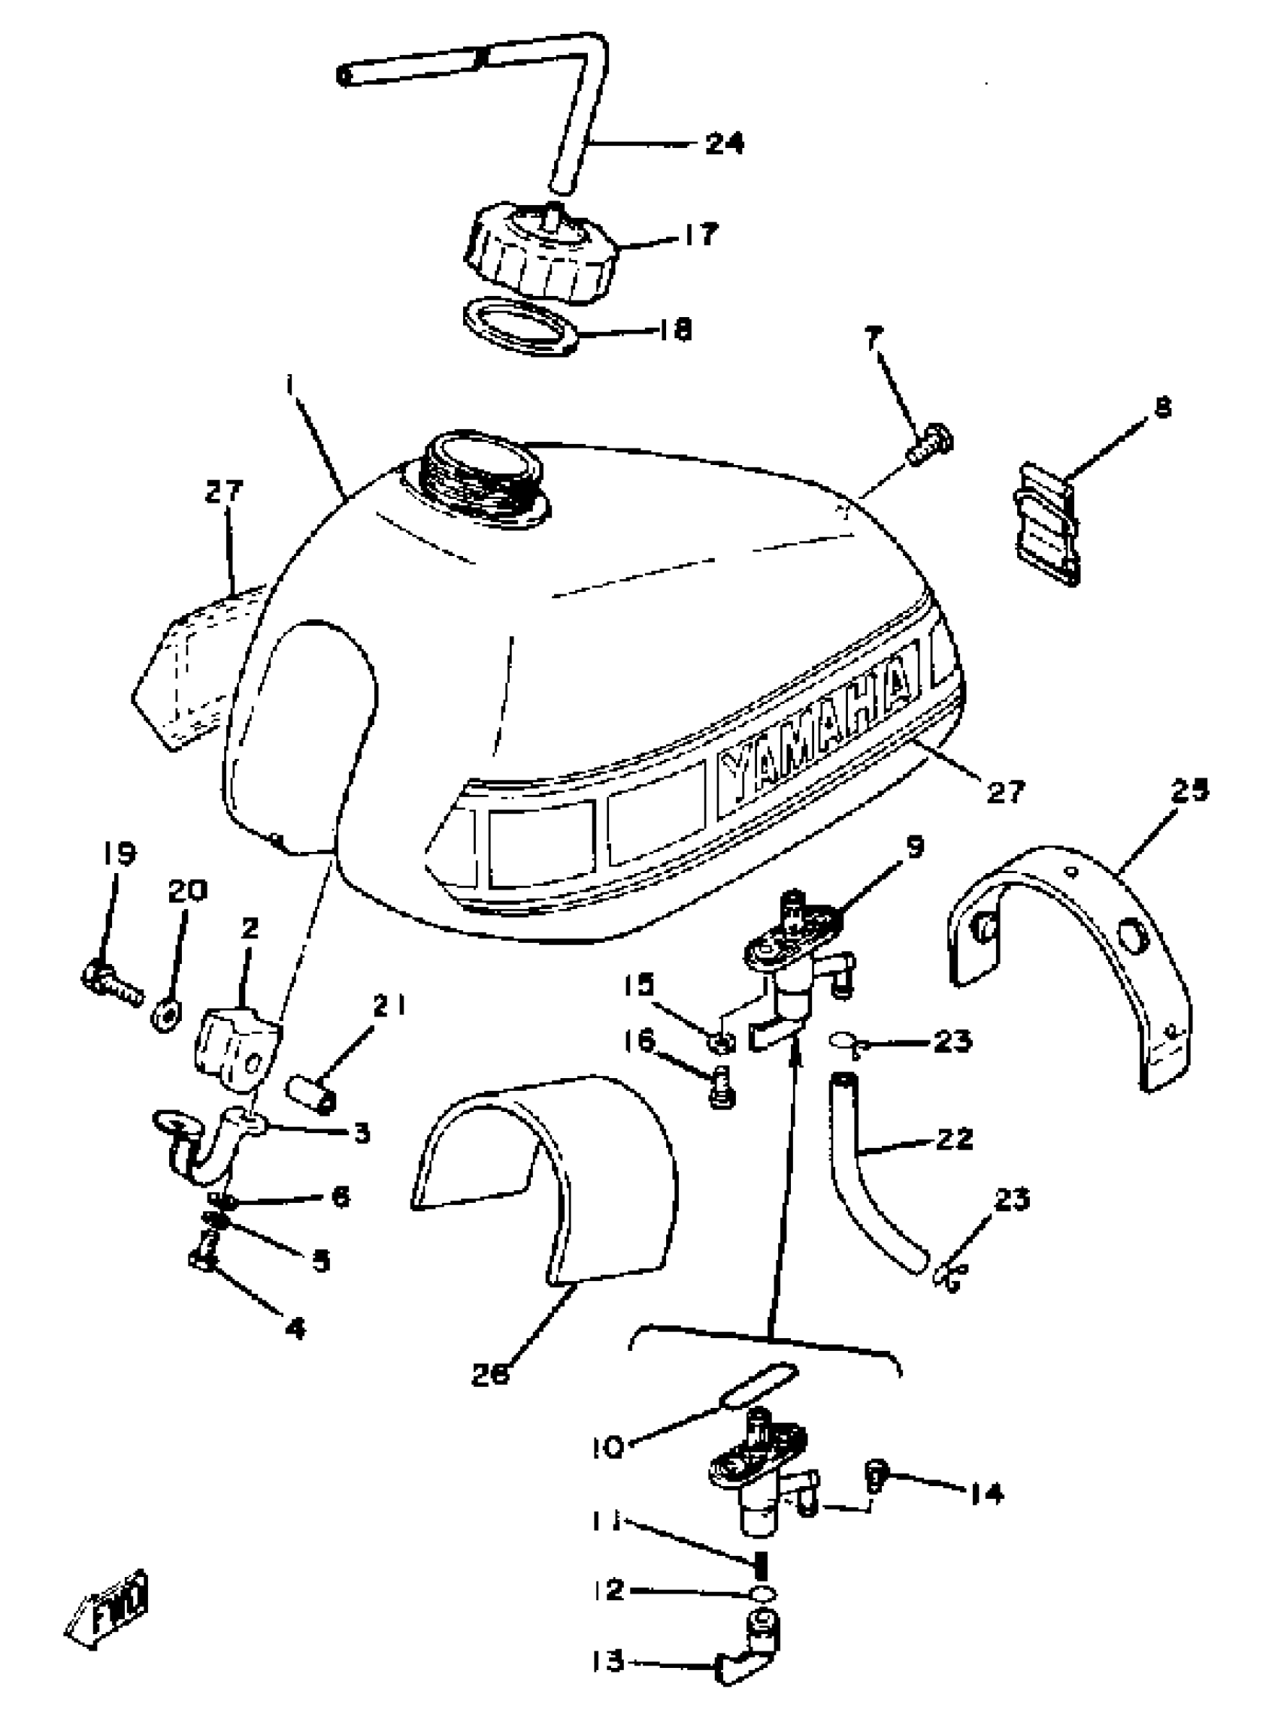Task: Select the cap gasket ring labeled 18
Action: tap(521, 327)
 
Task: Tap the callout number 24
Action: tap(724, 143)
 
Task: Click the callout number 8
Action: tap(1162, 406)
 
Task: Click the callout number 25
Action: tap(1190, 790)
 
